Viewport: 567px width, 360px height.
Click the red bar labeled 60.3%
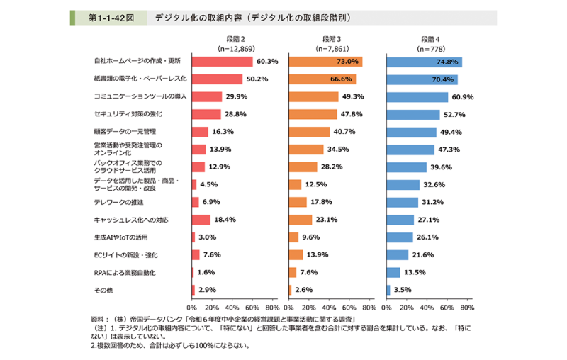[x=222, y=62]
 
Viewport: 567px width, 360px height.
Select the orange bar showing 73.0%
[x=325, y=62]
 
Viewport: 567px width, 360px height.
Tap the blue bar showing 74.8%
[x=424, y=62]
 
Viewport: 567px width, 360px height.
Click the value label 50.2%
[x=256, y=79]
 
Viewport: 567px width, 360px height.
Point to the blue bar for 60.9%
[x=417, y=96]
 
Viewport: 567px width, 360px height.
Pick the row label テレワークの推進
[x=114, y=202]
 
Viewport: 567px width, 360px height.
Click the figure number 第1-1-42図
[x=107, y=16]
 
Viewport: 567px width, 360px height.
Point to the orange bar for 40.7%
[x=309, y=132]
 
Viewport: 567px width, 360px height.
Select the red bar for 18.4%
[x=201, y=220]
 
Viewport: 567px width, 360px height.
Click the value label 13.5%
[x=415, y=272]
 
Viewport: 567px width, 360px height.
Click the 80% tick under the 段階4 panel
[x=466, y=308]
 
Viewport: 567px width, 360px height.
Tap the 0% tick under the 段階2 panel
[x=191, y=308]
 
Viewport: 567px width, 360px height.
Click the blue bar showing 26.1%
[x=399, y=237]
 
